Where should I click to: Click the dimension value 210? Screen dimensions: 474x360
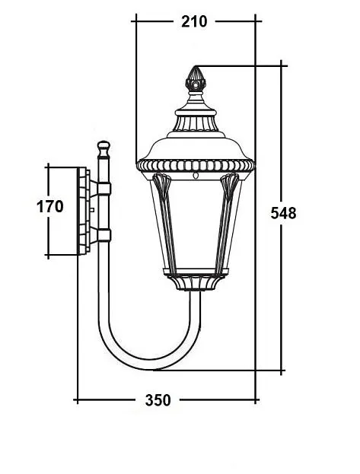coord(194,21)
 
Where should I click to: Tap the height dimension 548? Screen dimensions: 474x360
coord(283,213)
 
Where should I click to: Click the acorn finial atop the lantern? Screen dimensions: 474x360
coord(196,79)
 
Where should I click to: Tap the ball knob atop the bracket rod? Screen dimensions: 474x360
coord(104,146)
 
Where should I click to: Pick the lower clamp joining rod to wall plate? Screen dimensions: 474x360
coord(101,234)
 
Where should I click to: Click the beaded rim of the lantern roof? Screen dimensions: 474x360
coord(196,164)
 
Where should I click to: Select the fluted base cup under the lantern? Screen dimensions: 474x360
coord(196,282)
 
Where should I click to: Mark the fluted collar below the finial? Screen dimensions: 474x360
coord(196,120)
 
